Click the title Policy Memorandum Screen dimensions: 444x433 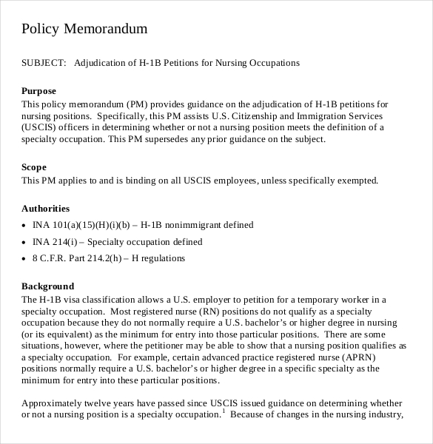pos(84,29)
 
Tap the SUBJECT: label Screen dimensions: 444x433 pos(44,63)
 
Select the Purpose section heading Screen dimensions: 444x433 pos(38,91)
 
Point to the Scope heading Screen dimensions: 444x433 pos(34,167)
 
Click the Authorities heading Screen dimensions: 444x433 pos(45,209)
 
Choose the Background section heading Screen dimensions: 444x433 pos(48,286)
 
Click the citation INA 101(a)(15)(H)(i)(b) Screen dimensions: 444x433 pos(81,225)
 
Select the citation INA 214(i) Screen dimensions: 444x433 pos(55,242)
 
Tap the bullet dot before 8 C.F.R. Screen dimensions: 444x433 pos(24,260)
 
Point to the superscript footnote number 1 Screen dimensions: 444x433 pos(224,411)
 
